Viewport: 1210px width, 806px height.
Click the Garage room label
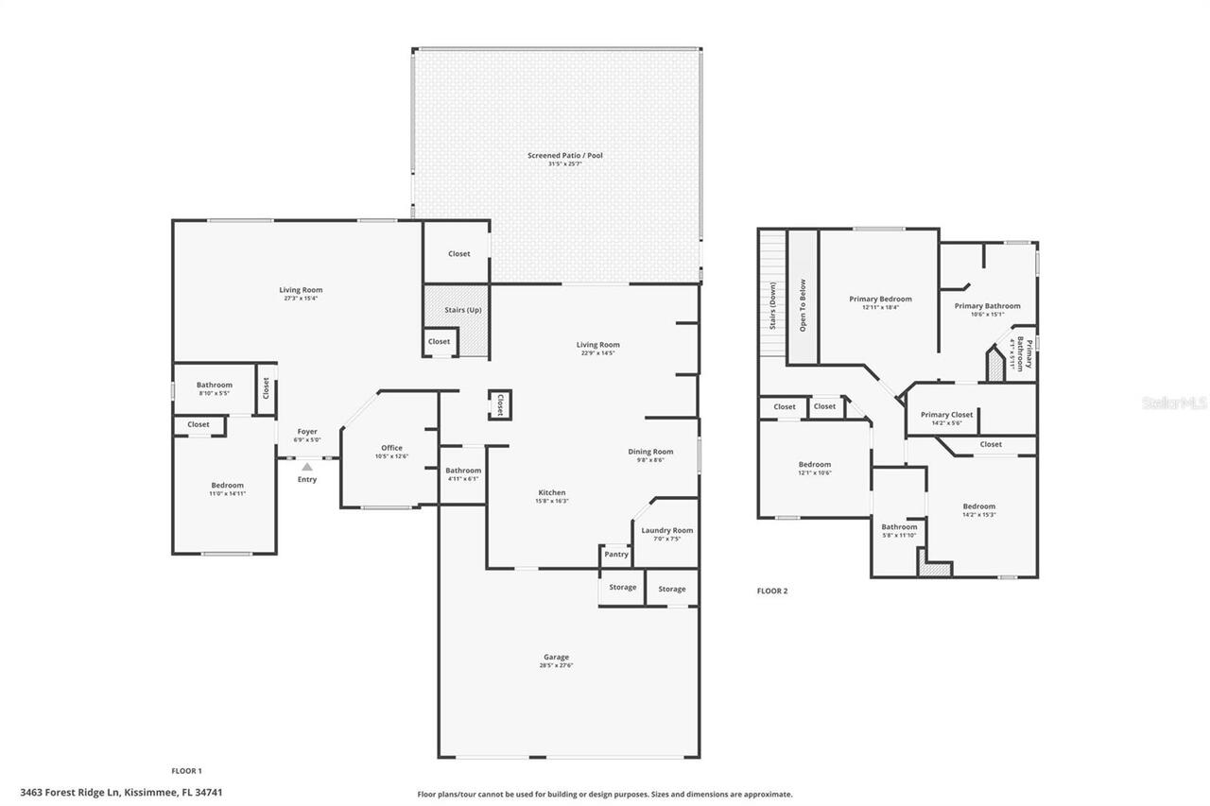point(556,657)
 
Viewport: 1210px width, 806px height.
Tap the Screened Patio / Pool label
point(564,155)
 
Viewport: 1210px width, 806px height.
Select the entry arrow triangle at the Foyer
point(307,466)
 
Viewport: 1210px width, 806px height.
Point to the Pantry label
point(615,555)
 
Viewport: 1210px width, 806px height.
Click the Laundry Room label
point(667,530)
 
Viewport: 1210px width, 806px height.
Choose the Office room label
point(392,448)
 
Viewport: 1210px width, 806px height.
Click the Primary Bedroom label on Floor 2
point(880,299)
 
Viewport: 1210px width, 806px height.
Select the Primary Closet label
point(946,414)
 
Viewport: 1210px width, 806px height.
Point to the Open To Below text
point(803,305)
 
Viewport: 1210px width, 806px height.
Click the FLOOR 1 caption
point(186,771)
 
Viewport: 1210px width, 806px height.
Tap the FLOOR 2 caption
point(772,592)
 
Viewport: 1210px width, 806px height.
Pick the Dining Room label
point(650,452)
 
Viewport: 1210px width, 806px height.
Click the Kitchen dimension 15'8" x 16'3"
point(552,501)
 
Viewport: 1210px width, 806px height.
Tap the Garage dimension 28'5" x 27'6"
point(556,665)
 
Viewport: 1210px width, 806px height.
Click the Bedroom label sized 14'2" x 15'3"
point(978,506)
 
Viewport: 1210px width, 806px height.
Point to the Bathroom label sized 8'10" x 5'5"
point(215,385)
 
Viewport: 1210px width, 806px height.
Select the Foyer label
point(307,431)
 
